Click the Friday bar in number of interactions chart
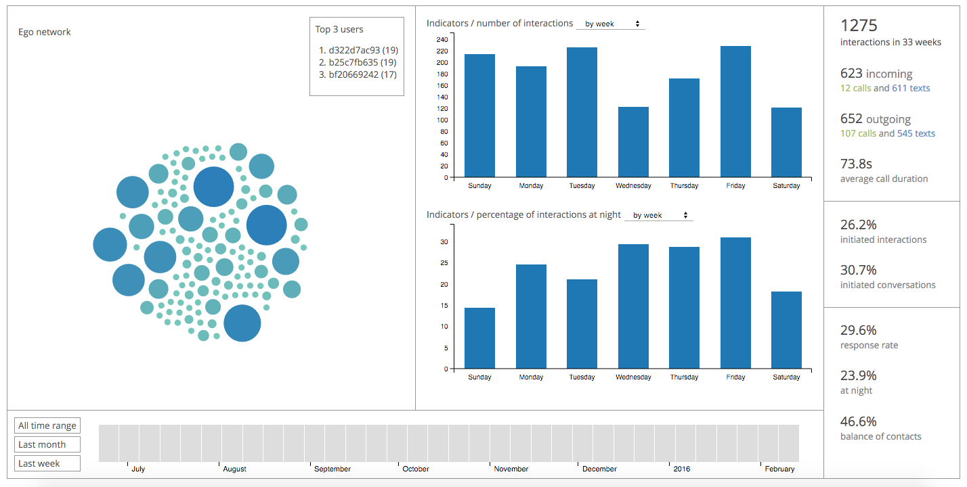(x=735, y=112)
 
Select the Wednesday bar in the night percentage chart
(x=633, y=306)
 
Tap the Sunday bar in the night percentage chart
(x=479, y=338)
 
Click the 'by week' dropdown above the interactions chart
(x=611, y=24)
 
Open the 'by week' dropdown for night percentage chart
(x=659, y=215)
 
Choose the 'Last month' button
(x=47, y=444)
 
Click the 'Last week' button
(x=47, y=463)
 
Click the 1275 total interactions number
(x=859, y=26)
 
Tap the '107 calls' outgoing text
(x=858, y=133)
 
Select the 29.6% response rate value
(x=859, y=330)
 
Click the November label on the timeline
(x=511, y=469)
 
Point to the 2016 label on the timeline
(x=681, y=469)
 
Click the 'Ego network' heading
(x=45, y=32)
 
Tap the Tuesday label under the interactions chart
(x=582, y=185)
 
